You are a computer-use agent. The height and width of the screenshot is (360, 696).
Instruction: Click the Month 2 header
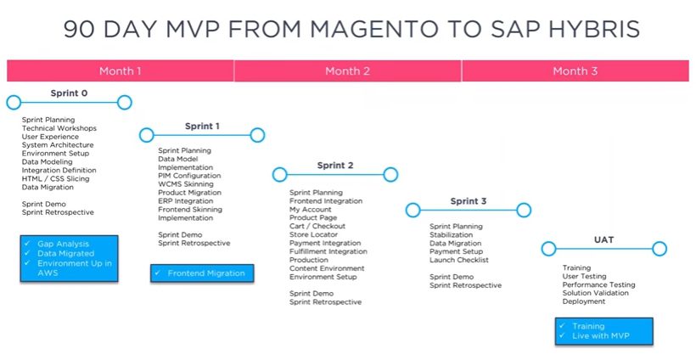347,71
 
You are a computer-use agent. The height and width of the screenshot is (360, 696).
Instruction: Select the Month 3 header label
575,71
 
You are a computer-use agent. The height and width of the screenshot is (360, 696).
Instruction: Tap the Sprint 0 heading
69,93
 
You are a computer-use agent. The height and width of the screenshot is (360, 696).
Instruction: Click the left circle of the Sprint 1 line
147,135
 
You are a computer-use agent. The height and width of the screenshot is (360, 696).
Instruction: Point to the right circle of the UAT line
660,249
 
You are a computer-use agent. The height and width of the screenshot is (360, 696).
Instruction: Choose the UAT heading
603,239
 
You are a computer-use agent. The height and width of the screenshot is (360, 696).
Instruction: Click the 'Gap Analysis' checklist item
63,244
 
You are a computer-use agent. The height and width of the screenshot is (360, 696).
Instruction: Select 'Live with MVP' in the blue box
601,335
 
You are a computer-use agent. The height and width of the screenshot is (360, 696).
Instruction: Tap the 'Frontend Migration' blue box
202,273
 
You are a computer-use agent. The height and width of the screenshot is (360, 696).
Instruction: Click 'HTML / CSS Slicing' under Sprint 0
55,179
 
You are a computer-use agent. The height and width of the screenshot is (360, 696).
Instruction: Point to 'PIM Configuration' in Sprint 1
189,176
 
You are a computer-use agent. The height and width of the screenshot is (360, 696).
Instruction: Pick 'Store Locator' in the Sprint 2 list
313,234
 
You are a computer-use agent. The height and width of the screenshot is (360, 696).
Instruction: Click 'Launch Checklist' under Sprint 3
459,260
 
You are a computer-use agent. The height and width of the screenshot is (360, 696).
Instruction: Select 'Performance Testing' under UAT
598,284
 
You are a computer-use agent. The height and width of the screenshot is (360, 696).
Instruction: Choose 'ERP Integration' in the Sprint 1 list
186,201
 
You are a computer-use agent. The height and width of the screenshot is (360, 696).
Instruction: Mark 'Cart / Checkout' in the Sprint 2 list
317,226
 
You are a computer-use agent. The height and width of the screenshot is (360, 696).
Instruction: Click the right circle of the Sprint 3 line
524,210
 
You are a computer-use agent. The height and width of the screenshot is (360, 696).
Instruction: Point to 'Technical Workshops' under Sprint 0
59,128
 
